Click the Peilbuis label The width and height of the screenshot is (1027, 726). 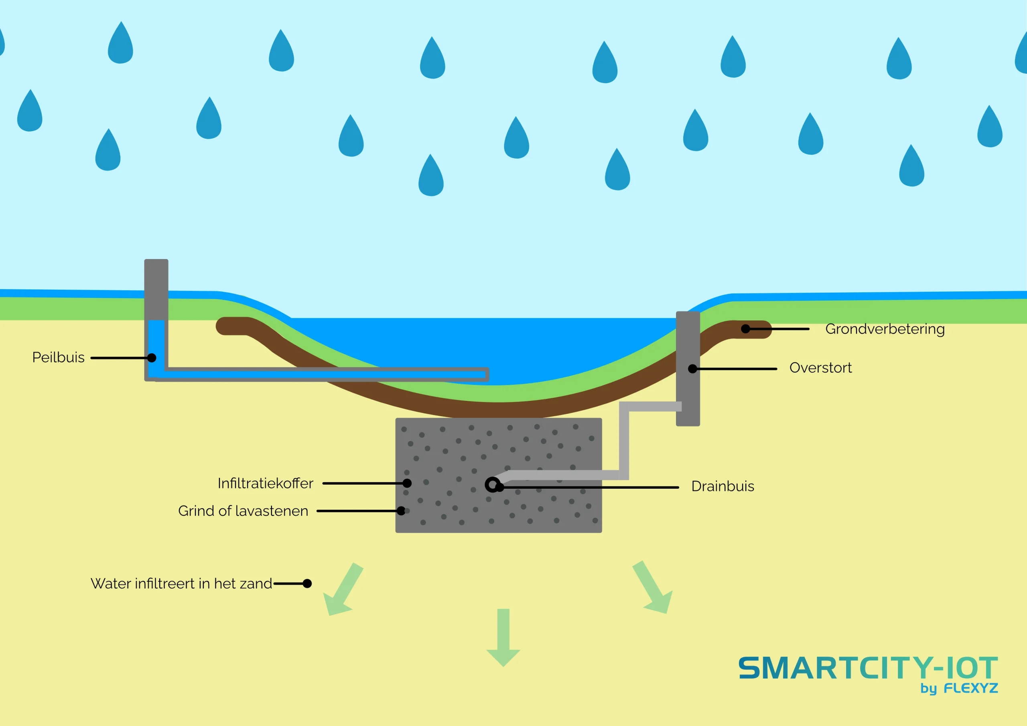click(58, 358)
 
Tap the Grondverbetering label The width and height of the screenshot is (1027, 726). click(885, 329)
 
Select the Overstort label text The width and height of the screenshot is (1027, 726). click(820, 368)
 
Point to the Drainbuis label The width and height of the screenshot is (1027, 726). click(723, 486)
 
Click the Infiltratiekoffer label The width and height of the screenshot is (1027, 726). click(265, 483)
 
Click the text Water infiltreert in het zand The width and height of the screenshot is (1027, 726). click(181, 584)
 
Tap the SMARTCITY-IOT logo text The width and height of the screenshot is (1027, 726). click(868, 668)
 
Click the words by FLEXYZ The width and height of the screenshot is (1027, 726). click(959, 688)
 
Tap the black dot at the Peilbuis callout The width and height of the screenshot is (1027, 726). click(152, 358)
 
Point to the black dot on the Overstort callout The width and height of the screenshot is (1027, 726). click(692, 369)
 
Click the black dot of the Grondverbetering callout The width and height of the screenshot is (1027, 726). click(746, 329)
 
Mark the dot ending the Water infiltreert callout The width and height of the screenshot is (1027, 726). click(307, 583)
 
